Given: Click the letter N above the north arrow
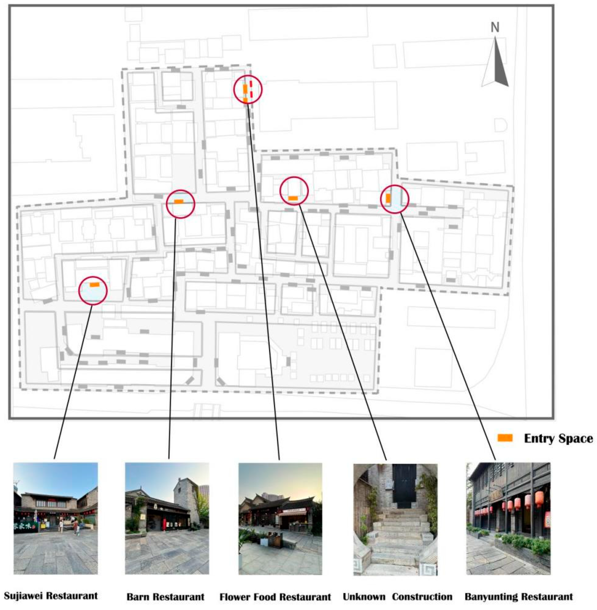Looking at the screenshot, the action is pyautogui.click(x=495, y=27).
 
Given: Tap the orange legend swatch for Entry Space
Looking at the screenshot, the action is pyautogui.click(x=505, y=438).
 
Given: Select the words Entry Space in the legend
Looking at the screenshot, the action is pyautogui.click(x=558, y=438).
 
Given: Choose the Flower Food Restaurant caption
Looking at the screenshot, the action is pyautogui.click(x=275, y=588).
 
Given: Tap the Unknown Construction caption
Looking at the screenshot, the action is pyautogui.click(x=397, y=588).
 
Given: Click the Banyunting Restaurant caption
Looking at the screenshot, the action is pyautogui.click(x=519, y=588).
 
